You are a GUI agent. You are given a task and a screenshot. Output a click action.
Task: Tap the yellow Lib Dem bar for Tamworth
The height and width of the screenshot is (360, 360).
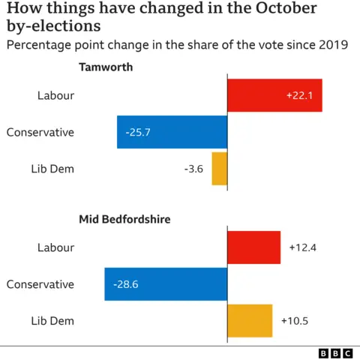click(x=219, y=169)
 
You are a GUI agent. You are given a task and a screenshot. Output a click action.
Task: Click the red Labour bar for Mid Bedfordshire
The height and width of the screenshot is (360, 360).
click(x=253, y=247)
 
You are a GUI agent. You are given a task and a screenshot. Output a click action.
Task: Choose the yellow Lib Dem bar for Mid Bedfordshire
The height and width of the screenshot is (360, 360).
click(x=250, y=321)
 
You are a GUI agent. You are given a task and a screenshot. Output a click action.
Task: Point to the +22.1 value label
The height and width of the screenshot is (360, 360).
click(x=300, y=95)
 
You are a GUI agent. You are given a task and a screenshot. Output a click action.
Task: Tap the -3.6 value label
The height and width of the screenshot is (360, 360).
click(x=193, y=169)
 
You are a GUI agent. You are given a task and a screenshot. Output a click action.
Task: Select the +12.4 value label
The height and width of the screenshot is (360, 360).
click(x=303, y=247)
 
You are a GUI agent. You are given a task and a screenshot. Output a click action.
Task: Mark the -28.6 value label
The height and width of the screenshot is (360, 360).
click(x=126, y=284)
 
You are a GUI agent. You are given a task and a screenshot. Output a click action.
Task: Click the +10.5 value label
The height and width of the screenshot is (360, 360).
click(x=295, y=321)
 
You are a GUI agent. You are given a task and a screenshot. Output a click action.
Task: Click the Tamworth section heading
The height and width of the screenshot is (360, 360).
click(x=106, y=67)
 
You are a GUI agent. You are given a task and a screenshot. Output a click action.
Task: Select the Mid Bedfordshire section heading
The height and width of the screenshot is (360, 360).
click(x=124, y=220)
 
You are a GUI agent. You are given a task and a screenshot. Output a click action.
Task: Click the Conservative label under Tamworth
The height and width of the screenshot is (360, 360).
click(x=40, y=132)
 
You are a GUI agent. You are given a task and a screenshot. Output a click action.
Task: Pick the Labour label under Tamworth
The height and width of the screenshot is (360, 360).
click(x=55, y=95)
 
